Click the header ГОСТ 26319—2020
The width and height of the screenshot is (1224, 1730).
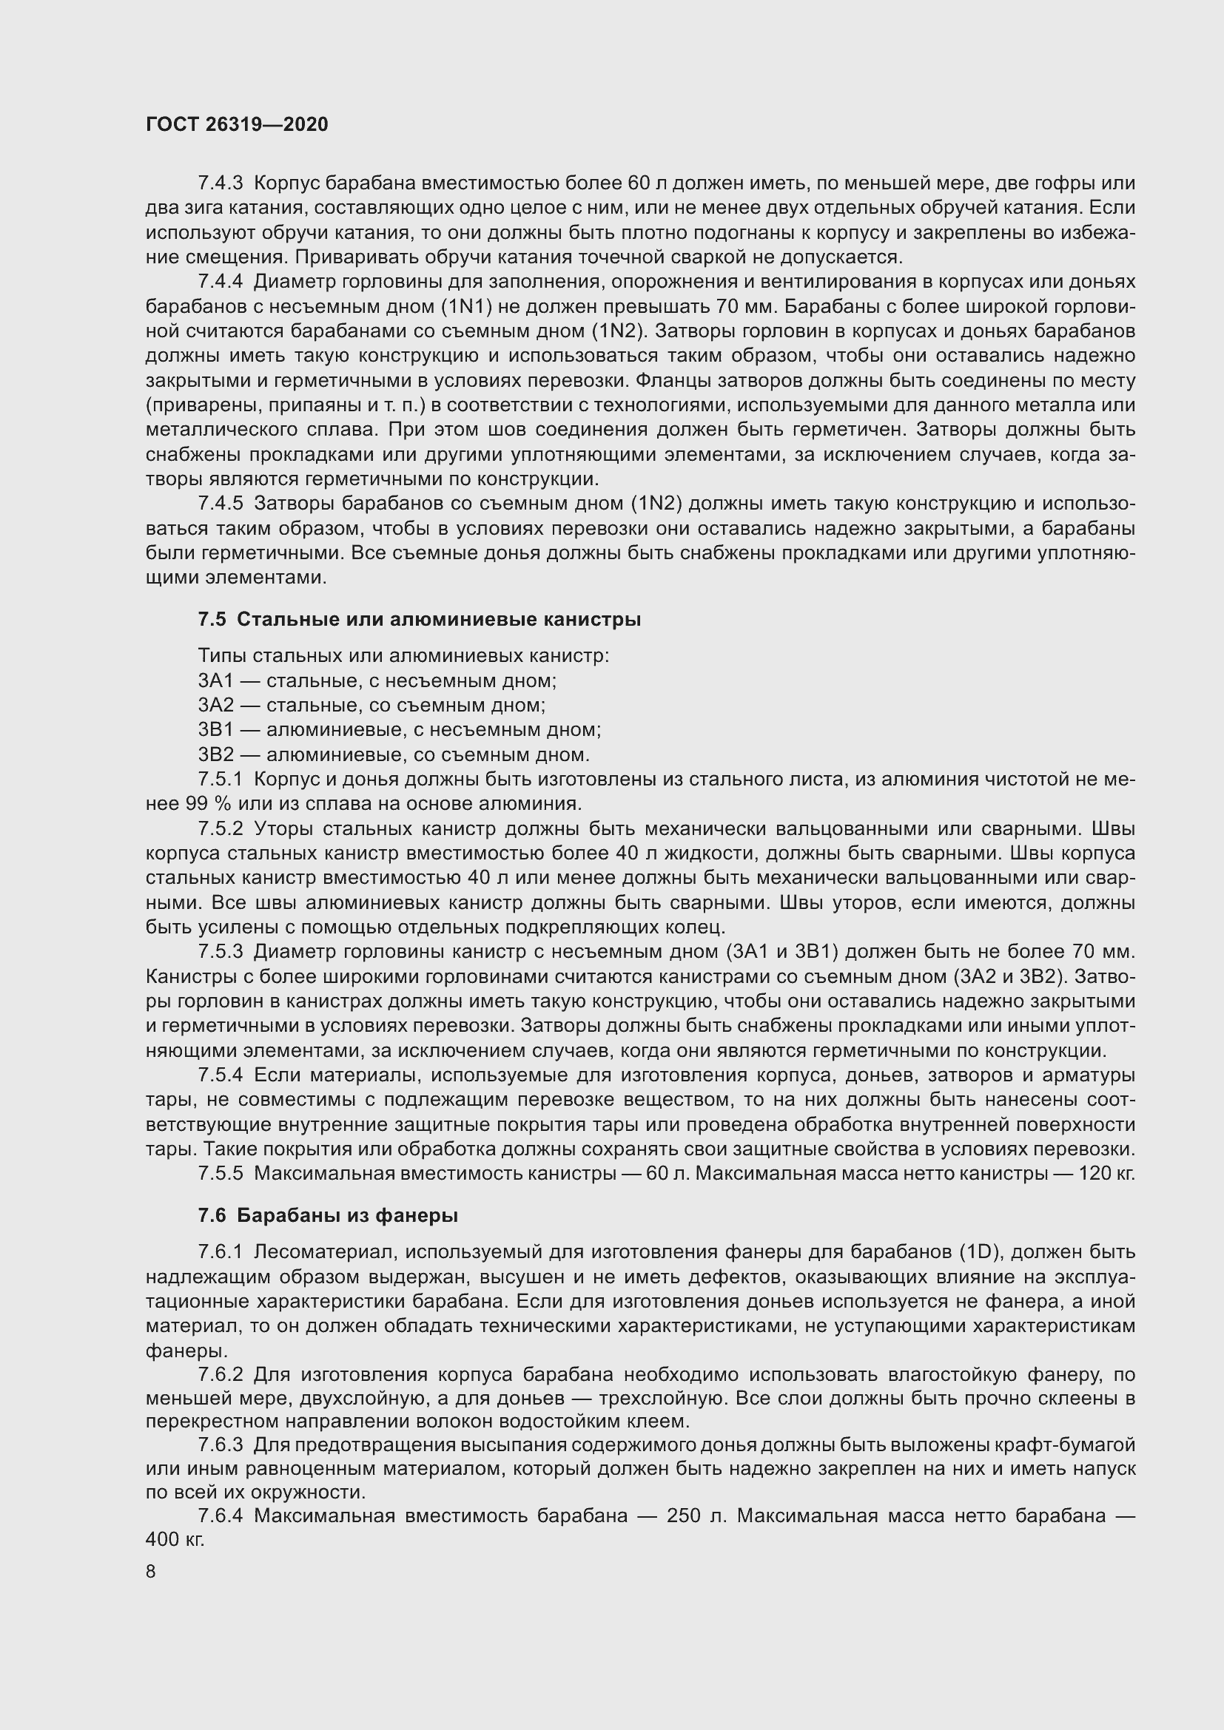tap(237, 124)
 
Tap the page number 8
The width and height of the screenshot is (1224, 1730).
tap(151, 1572)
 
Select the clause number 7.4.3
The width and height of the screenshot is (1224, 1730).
tap(220, 183)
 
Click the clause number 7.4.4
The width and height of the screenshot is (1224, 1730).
tap(220, 282)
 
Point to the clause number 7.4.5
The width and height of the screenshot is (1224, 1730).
tap(220, 504)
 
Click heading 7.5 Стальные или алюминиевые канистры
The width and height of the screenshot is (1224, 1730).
tap(419, 619)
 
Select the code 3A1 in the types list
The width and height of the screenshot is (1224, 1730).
tap(216, 680)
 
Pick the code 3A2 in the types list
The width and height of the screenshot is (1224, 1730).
tap(216, 706)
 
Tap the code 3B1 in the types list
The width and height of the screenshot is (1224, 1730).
tap(216, 729)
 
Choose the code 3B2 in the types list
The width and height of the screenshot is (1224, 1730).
tap(216, 754)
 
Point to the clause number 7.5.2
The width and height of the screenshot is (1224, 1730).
tap(220, 829)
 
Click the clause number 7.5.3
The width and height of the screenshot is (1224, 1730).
tap(220, 953)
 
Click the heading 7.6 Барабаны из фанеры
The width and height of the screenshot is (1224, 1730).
tap(328, 1215)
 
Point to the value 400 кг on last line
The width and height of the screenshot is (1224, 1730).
tap(175, 1540)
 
